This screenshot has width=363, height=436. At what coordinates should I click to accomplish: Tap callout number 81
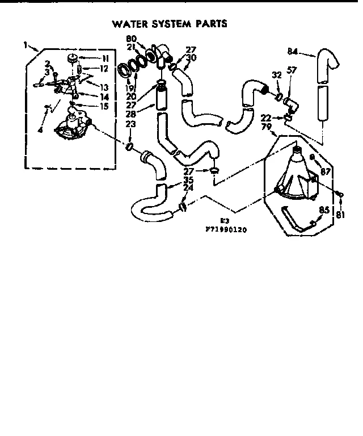tap(340, 214)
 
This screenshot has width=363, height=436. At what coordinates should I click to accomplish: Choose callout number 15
tap(105, 106)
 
